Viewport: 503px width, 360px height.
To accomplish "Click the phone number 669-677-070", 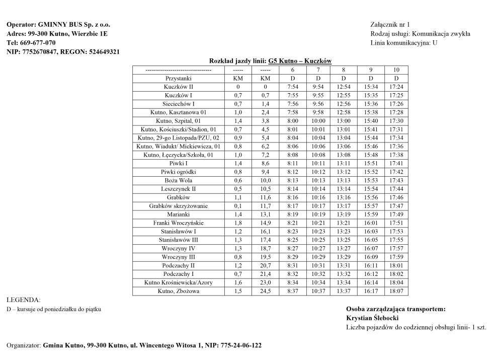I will (38, 43).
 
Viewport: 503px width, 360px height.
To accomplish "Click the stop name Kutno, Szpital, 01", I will (179, 121).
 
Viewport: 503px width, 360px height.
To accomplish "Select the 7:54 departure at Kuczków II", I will (293, 87).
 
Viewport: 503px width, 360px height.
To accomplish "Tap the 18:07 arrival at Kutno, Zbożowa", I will (396, 291).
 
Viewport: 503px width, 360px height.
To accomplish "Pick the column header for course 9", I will (371, 70).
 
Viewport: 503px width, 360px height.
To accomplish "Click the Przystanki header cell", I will (179, 79).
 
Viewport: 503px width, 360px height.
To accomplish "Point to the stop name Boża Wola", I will (179, 180).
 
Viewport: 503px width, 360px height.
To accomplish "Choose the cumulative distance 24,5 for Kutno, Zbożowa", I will (266, 291).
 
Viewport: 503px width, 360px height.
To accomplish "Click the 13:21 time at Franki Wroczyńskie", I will (344, 223).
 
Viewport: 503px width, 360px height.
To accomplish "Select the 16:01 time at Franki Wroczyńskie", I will (371, 223).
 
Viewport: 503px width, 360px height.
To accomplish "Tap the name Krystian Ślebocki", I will (372, 318).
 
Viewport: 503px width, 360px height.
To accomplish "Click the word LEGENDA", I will (23, 300).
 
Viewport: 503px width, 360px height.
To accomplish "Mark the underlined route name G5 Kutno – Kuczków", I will (300, 61).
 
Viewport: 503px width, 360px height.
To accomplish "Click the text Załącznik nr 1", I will (390, 25).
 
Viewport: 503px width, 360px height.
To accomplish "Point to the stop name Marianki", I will (179, 214).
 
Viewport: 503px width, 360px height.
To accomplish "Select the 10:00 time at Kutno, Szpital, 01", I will (318, 121).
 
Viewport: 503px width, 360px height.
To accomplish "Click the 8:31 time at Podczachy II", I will (293, 265).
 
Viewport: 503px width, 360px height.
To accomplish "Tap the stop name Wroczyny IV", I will (179, 248).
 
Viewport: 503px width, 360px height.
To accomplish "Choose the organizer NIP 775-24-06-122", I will (241, 346).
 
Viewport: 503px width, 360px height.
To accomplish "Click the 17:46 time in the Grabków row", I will (396, 197).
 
